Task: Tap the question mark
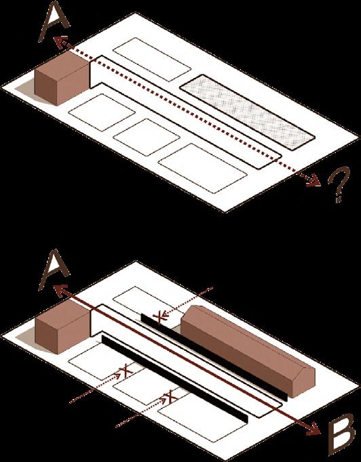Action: click(x=339, y=184)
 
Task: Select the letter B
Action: click(x=341, y=435)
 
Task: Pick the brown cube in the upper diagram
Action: click(x=62, y=77)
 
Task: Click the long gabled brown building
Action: click(x=248, y=351)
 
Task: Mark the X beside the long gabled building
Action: click(x=159, y=317)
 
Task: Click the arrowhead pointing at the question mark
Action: click(x=313, y=181)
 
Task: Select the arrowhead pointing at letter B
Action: click(x=314, y=429)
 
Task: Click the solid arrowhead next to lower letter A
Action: click(x=60, y=290)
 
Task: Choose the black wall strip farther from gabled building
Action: click(x=175, y=379)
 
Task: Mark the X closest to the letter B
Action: click(x=170, y=396)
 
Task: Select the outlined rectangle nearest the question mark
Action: click(x=202, y=168)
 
